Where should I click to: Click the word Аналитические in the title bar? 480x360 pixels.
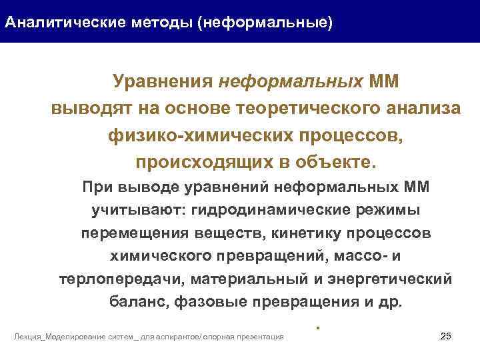click(51, 23)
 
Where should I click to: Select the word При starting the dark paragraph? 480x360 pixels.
click(96, 188)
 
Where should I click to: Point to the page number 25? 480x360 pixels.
click(447, 335)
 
